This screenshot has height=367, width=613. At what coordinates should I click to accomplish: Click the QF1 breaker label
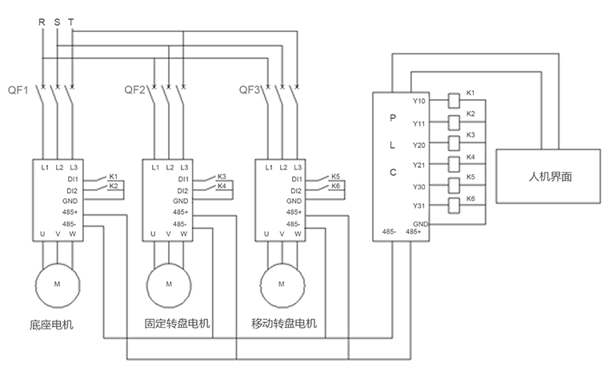[17, 90]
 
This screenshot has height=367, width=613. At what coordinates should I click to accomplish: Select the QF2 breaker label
[134, 90]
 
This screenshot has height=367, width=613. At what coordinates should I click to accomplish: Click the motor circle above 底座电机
[56, 284]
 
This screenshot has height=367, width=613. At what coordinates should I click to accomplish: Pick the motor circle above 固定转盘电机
[168, 284]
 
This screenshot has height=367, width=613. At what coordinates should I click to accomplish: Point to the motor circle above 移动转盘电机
[281, 284]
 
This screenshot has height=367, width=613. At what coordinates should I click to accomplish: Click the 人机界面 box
[548, 176]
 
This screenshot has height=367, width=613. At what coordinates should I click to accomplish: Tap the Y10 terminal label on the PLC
[419, 102]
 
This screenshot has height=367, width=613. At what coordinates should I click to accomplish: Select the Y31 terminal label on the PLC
[419, 206]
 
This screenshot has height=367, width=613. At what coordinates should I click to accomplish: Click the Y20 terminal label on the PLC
[419, 144]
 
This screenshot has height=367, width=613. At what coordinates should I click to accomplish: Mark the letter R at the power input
[42, 22]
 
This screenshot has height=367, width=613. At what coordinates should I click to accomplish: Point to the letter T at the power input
[71, 22]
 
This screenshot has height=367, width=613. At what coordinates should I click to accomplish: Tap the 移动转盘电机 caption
[284, 325]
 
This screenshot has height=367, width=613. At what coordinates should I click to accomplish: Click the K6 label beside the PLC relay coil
[471, 197]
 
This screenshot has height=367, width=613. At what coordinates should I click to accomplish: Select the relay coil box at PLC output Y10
[453, 102]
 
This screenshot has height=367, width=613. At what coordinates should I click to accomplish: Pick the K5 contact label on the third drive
[335, 176]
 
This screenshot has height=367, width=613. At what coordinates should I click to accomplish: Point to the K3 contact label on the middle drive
[222, 176]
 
